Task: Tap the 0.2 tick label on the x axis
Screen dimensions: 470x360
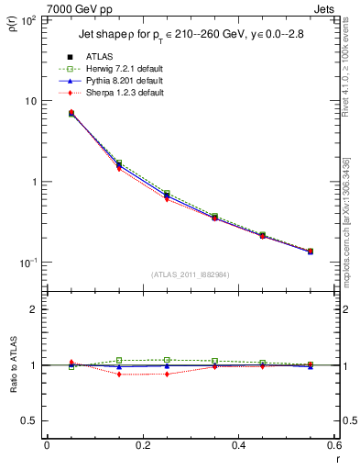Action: [142, 445]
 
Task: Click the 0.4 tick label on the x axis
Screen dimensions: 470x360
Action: [238, 445]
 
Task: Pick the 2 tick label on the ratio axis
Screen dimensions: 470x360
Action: [32, 309]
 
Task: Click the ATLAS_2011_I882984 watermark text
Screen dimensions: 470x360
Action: [190, 274]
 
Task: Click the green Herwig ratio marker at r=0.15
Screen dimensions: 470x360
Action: [119, 360]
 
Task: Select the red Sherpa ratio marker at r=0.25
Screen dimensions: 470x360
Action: [167, 374]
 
